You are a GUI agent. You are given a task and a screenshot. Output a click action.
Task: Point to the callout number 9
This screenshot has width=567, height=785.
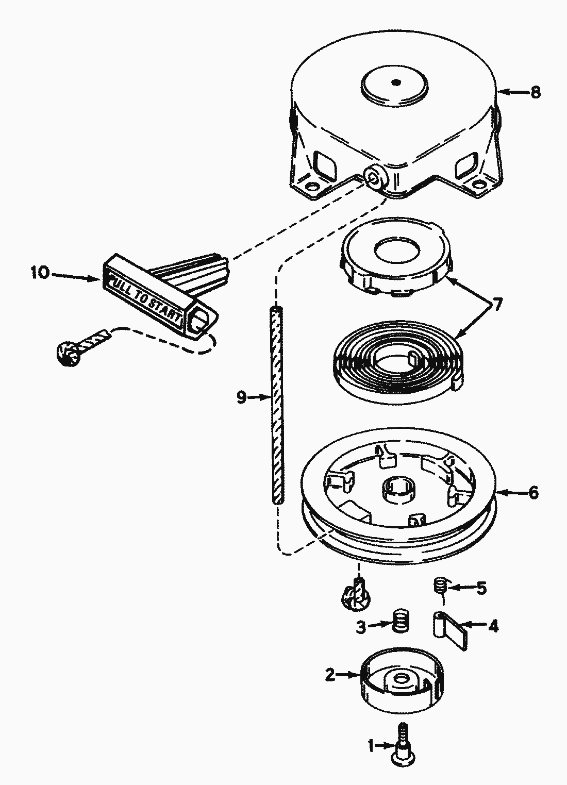(x=241, y=397)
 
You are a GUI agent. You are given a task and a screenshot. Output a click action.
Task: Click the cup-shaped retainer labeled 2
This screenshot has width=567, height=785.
(x=397, y=679)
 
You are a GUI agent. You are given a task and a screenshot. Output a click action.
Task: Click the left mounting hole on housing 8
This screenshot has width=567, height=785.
(x=310, y=185)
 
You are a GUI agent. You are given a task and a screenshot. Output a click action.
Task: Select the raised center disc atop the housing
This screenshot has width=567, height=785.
(x=395, y=83)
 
